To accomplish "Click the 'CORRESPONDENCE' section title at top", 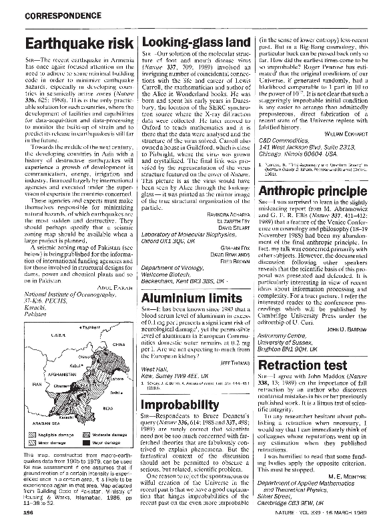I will coord(57,12).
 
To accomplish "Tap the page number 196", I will coord(29,512).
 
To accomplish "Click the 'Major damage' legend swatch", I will coord(87,441).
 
